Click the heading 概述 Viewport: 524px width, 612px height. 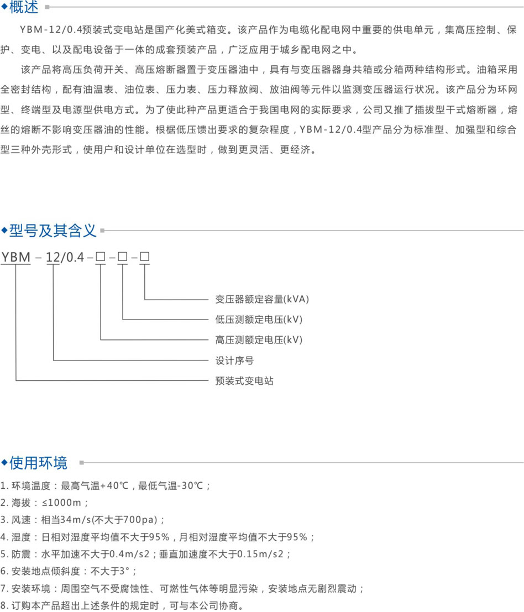(x=24, y=7)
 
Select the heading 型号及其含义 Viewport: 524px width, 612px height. (x=53, y=231)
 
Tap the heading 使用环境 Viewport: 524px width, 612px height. (x=38, y=463)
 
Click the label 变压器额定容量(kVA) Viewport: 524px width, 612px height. (x=262, y=299)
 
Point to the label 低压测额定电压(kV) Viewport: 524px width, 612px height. (x=259, y=320)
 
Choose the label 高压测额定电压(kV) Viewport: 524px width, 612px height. (x=259, y=340)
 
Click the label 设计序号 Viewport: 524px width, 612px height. (x=234, y=360)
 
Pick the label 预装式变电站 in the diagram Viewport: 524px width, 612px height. (x=244, y=380)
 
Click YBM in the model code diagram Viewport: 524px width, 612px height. (x=15, y=257)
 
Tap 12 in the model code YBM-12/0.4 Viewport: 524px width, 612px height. (x=53, y=257)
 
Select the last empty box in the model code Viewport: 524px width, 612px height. (x=145, y=257)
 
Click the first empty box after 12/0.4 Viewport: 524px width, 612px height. (x=101, y=257)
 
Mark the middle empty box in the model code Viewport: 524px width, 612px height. (x=123, y=257)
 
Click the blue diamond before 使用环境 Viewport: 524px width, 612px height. (x=4, y=463)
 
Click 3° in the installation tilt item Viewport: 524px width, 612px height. (x=124, y=572)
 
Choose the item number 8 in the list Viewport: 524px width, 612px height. (x=3, y=606)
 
